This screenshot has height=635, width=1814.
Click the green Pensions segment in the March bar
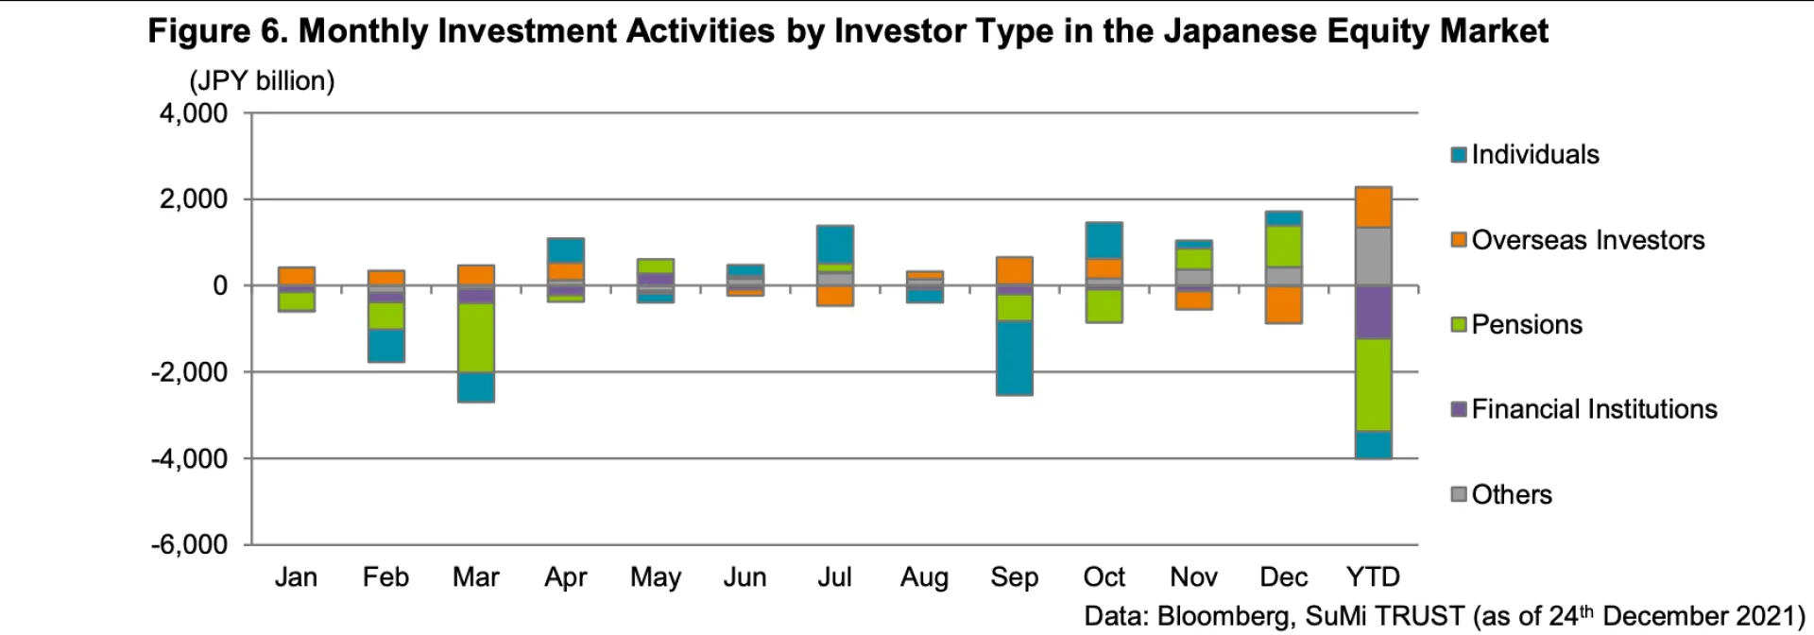coord(476,337)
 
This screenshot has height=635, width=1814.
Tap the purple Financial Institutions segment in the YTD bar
coord(1374,312)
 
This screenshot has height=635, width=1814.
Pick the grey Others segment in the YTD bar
coord(1374,256)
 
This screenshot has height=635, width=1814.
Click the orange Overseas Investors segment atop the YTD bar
coord(1374,207)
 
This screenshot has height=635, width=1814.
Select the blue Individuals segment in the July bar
coord(835,244)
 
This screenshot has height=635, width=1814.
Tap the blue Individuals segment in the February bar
coord(386,345)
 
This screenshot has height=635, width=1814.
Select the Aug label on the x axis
coord(924,577)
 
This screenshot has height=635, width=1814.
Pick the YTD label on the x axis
coord(1373,577)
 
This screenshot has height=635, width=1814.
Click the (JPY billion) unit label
coord(263,81)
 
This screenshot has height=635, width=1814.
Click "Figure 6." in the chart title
coord(216,31)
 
